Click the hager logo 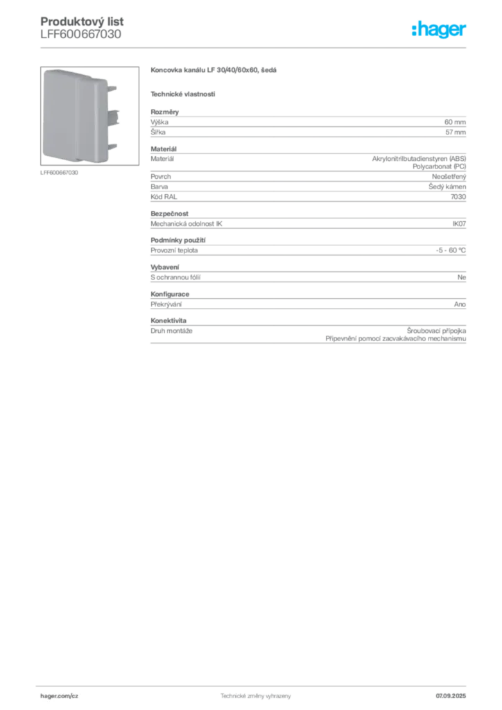[x=439, y=29]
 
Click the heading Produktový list [x=82, y=21]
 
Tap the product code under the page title [x=80, y=35]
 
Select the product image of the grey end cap [x=89, y=116]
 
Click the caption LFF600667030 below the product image [x=59, y=173]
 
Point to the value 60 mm [x=455, y=122]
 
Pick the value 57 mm [x=456, y=132]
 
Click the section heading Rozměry [x=165, y=112]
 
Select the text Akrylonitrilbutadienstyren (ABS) [x=419, y=159]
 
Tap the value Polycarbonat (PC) [x=439, y=166]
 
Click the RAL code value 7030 [x=458, y=197]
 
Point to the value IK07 [x=459, y=224]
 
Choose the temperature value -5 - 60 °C [x=451, y=250]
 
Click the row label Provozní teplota [x=174, y=250]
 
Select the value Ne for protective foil [x=461, y=277]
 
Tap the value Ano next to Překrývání [x=460, y=304]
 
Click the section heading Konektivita [x=168, y=320]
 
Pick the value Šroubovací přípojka [x=436, y=331]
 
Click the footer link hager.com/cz [x=60, y=696]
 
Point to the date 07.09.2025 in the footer [x=451, y=696]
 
